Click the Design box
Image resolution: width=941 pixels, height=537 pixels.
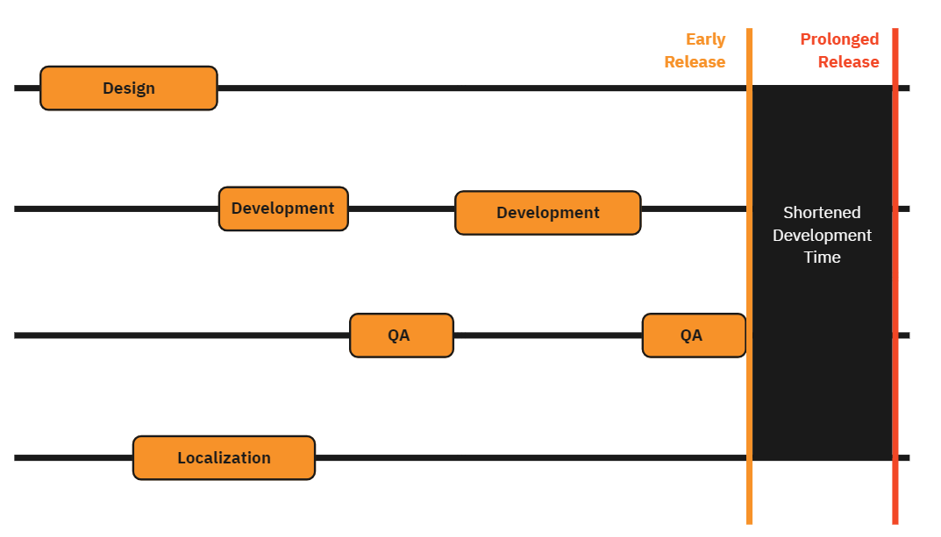(x=128, y=88)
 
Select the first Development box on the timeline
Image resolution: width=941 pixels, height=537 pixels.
(x=283, y=208)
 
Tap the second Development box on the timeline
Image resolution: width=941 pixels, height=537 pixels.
(x=547, y=213)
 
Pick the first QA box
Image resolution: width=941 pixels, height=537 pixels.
(x=401, y=336)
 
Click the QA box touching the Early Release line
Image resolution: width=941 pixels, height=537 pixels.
(x=693, y=336)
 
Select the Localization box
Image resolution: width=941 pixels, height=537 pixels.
(x=224, y=458)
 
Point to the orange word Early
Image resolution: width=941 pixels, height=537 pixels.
(x=705, y=39)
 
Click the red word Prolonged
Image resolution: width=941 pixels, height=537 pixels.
(x=839, y=39)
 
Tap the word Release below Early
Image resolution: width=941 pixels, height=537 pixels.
(x=695, y=62)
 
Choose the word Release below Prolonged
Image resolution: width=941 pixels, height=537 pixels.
(x=848, y=62)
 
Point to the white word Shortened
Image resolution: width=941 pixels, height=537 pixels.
(x=822, y=213)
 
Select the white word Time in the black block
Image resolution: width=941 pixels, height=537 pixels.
(x=822, y=258)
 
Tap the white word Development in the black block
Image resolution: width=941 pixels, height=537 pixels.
(x=822, y=236)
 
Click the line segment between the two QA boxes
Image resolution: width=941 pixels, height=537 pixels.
(x=547, y=336)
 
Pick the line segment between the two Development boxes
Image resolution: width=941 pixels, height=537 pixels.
(x=401, y=209)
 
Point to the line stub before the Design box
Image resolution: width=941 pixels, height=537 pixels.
(x=26, y=88)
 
